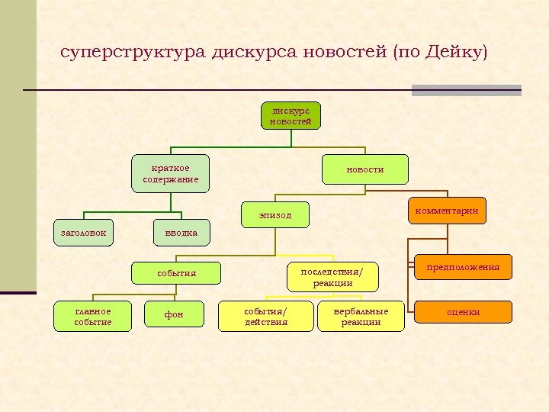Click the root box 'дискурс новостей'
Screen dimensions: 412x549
(291, 115)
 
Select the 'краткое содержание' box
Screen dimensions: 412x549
(170, 173)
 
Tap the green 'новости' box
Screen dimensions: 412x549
(365, 169)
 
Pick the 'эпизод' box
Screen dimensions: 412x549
(275, 215)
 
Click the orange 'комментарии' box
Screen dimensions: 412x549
(448, 211)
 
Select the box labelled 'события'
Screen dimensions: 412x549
(177, 272)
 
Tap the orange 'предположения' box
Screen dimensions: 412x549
(463, 267)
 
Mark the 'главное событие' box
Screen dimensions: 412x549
(93, 317)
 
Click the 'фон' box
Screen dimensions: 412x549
(175, 314)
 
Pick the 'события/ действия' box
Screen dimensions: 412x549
(265, 317)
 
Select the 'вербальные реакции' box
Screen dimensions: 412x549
(361, 317)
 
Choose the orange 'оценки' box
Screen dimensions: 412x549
(463, 311)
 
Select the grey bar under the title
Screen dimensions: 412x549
(466, 90)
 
